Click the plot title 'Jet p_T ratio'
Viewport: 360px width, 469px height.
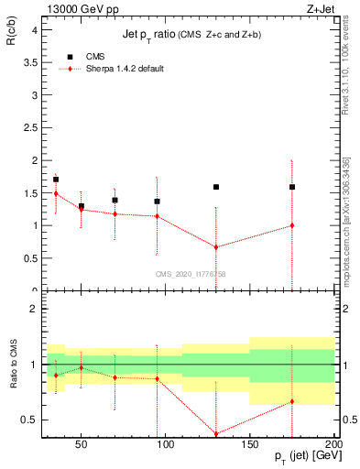156,35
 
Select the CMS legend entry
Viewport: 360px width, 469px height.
83,57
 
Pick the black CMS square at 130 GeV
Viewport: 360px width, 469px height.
216,187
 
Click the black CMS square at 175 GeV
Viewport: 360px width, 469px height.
292,187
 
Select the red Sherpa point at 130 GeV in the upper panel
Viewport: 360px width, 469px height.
216,247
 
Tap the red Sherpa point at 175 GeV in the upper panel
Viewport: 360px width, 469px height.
292,225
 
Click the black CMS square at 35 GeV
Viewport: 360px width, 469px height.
56,180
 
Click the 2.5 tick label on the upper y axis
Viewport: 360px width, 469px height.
31,127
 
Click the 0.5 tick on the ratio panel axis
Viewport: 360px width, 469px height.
31,420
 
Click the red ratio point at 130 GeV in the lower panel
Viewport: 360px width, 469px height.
216,434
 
